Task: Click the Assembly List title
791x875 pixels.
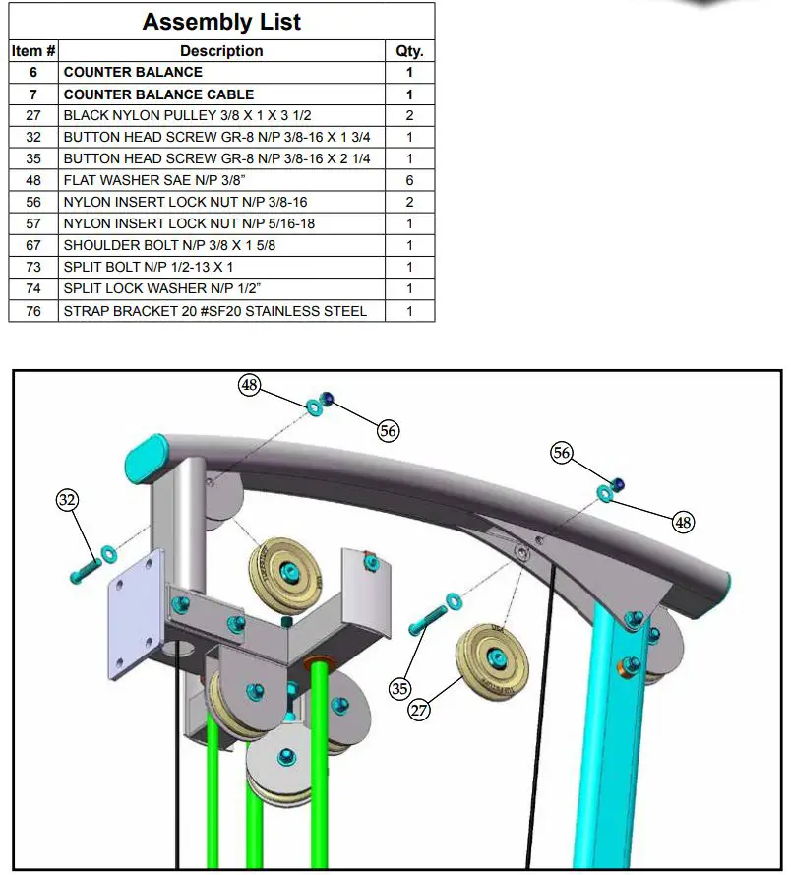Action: coord(221,22)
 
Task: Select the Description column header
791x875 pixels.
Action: coord(221,51)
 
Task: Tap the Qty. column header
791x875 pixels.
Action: coord(409,51)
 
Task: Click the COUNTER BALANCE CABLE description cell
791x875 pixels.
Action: coord(158,94)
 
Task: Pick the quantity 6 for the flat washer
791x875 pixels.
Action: coord(409,180)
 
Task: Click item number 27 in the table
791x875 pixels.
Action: coord(33,116)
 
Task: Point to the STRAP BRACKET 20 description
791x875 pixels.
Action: coord(214,311)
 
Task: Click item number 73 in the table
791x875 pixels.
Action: coord(33,267)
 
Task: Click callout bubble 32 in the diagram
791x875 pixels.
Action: coord(67,501)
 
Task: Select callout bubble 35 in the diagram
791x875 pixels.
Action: coord(398,688)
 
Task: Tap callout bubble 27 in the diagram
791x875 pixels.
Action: coord(420,709)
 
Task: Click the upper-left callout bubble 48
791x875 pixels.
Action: coord(250,386)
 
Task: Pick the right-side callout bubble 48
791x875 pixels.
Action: coord(683,522)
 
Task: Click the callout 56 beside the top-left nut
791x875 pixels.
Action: coord(389,430)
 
